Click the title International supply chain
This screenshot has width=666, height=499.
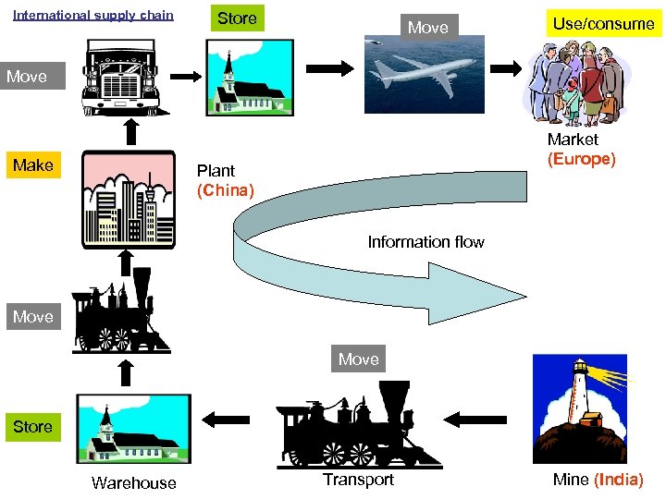[x=93, y=15]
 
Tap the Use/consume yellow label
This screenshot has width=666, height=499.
[x=603, y=24]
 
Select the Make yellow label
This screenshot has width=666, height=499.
[x=33, y=165]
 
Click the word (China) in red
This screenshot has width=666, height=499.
[x=225, y=190]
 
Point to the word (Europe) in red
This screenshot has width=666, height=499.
[x=581, y=159]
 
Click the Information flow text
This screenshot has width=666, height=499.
[x=425, y=242]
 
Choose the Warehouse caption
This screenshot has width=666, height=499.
[x=133, y=482]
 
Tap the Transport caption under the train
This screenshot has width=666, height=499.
[x=358, y=479]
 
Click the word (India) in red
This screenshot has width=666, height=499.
[x=619, y=479]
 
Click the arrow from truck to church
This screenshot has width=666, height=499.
[x=189, y=76]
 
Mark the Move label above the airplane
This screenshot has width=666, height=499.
[x=427, y=28]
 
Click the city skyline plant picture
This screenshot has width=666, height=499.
[x=127, y=200]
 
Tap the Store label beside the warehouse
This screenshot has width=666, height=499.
[x=32, y=427]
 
